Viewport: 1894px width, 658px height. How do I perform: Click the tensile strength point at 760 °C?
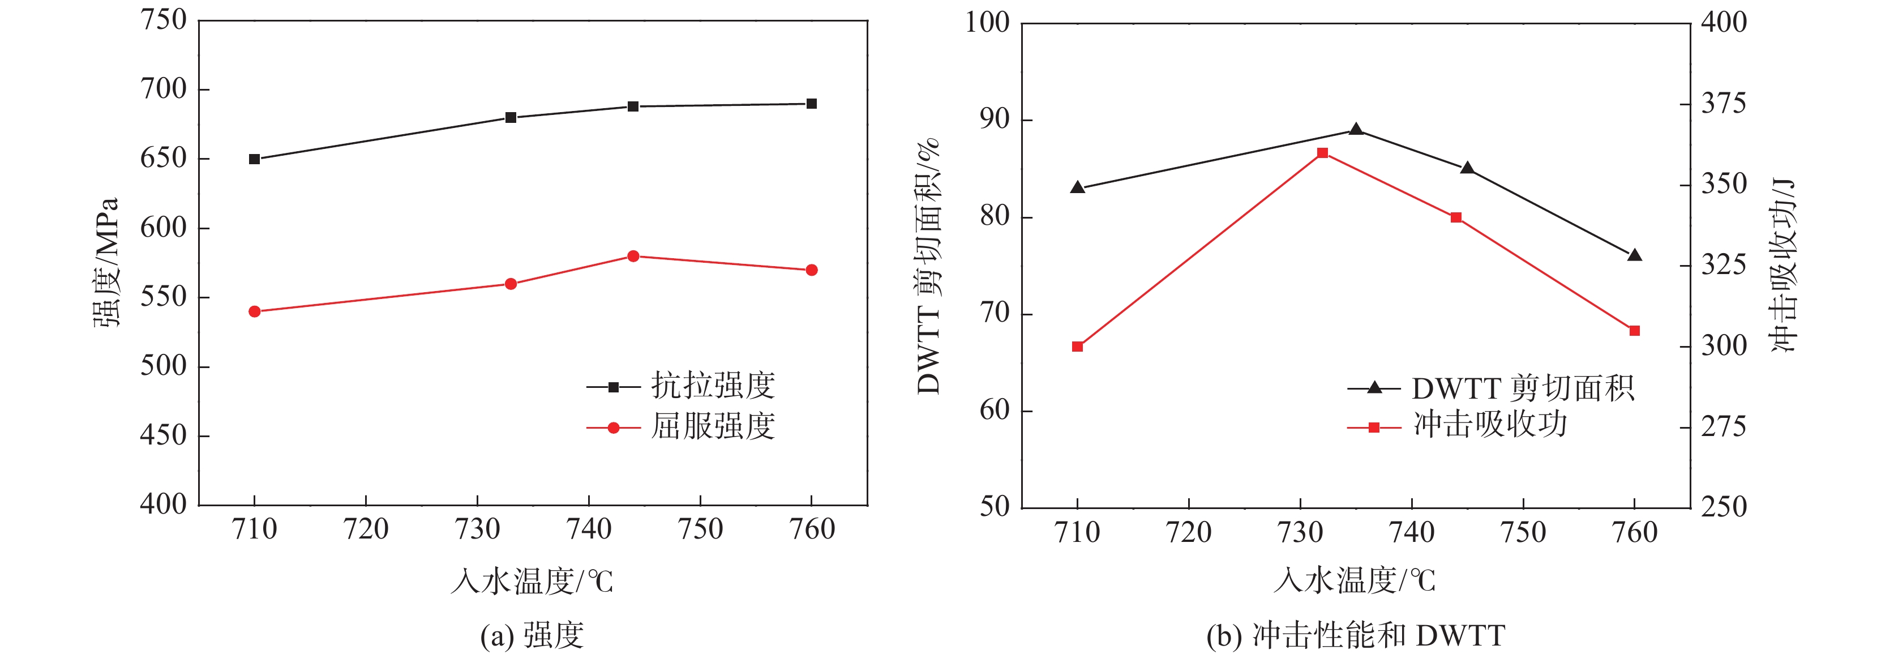(x=811, y=104)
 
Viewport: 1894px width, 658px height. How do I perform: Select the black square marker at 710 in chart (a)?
(x=254, y=159)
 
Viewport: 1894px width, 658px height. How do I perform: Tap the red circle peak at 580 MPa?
(x=633, y=256)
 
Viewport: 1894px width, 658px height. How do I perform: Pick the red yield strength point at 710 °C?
(x=254, y=311)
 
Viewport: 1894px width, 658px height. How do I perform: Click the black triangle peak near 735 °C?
(x=1356, y=130)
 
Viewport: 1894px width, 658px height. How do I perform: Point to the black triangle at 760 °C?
(x=1634, y=256)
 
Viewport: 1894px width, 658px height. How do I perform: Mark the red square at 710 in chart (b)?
(x=1077, y=347)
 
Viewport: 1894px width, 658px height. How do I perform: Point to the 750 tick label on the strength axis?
(x=163, y=20)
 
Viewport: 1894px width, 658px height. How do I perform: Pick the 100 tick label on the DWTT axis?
(x=987, y=22)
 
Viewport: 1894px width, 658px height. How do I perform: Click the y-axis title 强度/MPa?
(x=105, y=263)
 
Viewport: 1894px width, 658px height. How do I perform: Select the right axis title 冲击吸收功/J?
(x=1783, y=264)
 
